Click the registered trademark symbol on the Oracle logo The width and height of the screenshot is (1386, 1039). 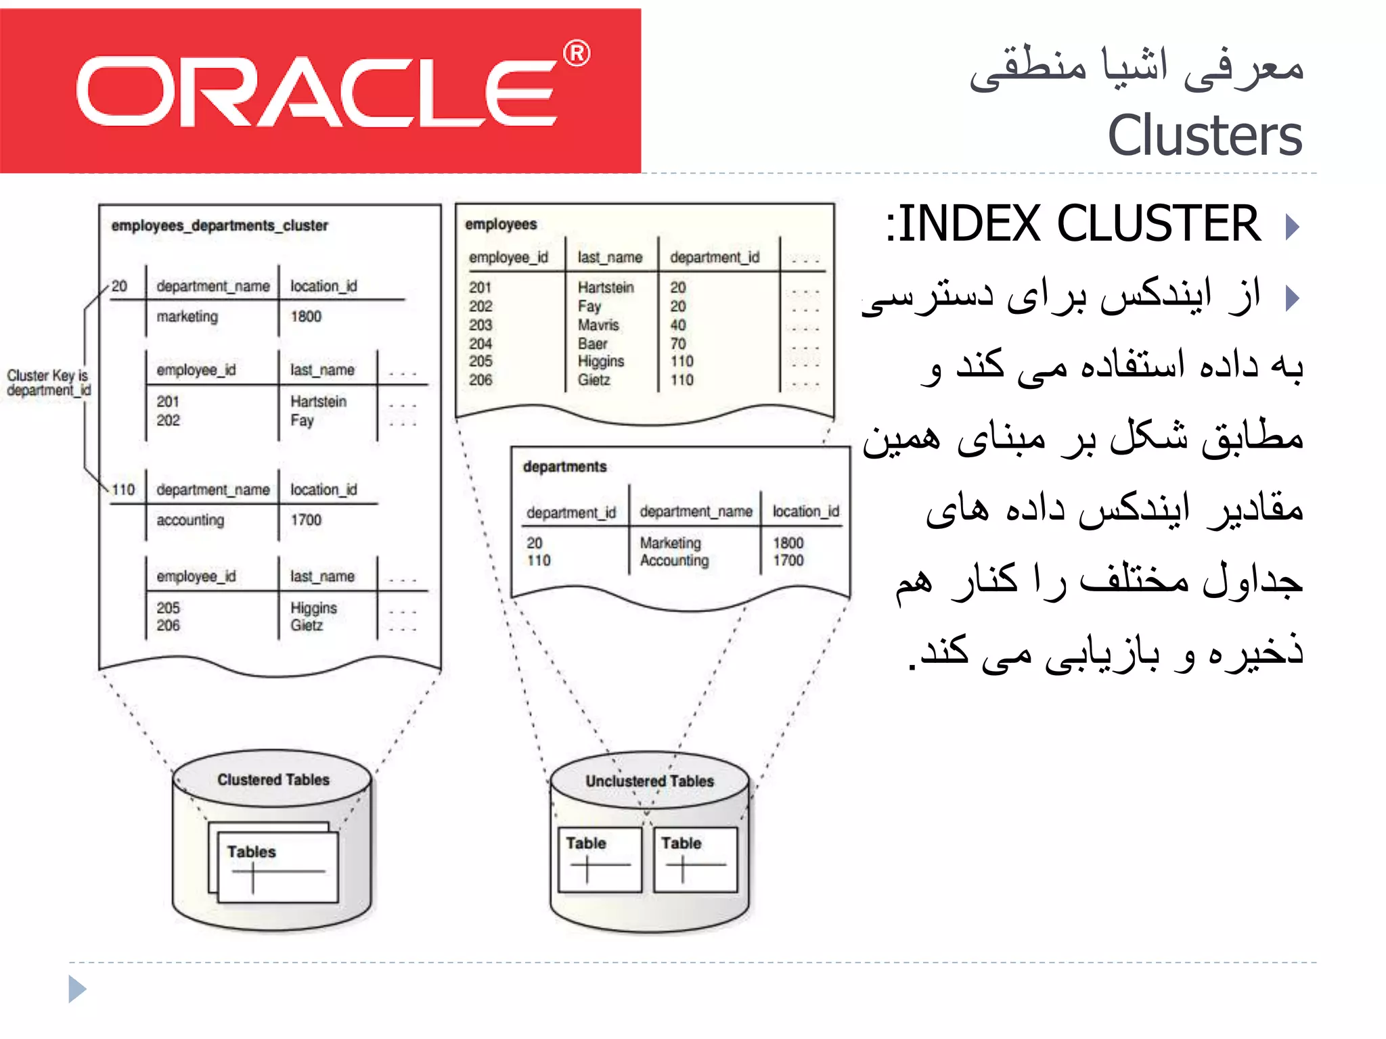(577, 53)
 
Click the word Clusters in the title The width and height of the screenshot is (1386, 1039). (1205, 135)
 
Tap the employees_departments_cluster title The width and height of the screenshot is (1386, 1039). (219, 225)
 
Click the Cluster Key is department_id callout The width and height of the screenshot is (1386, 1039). (48, 383)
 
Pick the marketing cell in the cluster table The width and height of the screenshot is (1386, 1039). (187, 317)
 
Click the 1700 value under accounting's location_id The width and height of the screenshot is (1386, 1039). (306, 519)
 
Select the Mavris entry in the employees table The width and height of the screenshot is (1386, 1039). (598, 325)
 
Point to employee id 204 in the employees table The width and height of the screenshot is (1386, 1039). (480, 344)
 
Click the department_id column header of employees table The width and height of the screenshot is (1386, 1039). (715, 257)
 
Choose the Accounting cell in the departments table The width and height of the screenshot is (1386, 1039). (674, 561)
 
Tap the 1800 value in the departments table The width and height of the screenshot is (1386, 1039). (788, 542)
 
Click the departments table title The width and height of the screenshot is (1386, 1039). (564, 467)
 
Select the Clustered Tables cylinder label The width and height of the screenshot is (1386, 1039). (273, 780)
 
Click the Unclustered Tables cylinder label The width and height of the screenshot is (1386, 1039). (650, 781)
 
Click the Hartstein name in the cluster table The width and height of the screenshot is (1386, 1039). (318, 401)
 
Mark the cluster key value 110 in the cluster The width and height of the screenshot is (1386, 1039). (123, 489)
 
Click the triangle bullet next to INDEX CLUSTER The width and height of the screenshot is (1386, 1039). (1292, 226)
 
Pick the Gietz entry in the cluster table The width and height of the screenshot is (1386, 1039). (307, 625)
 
